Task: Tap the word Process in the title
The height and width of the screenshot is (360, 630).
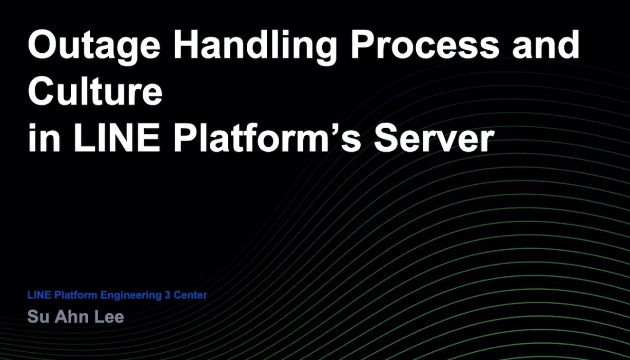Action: (425, 45)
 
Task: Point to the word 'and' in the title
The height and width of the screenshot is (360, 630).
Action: (546, 45)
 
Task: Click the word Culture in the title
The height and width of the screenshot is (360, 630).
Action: (95, 91)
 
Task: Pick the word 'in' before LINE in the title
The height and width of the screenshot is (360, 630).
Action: (44, 137)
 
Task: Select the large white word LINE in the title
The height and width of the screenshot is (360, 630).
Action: (117, 137)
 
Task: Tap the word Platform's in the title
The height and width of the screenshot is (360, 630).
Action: (267, 137)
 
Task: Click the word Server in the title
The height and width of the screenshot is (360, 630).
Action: (434, 137)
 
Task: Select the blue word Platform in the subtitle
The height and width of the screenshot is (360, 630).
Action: (75, 295)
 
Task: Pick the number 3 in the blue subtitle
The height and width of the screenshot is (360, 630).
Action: (168, 295)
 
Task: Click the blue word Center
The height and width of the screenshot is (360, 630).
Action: (190, 295)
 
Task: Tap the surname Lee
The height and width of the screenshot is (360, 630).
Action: (109, 317)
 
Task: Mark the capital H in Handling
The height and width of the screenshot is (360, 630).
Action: (187, 45)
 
